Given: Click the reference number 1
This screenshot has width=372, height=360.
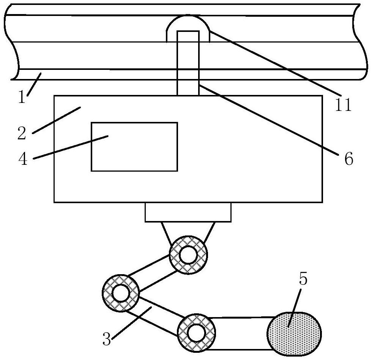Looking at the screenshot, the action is tap(22, 97).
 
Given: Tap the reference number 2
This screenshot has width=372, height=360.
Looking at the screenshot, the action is tap(22, 133).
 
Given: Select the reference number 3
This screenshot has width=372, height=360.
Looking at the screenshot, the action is tap(107, 339).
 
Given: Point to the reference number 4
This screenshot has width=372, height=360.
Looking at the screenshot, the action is tap(23, 159).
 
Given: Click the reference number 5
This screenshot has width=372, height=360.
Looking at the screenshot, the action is tap(303, 278).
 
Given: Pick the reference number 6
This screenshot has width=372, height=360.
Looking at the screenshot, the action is tap(349, 159).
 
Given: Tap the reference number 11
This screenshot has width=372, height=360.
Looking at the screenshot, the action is tap(343, 105).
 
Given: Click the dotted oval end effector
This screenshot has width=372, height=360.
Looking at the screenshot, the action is tap(294, 334).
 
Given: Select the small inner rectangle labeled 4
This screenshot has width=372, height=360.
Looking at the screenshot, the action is tap(134, 147).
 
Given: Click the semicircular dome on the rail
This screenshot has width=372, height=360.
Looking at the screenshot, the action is tap(188, 28).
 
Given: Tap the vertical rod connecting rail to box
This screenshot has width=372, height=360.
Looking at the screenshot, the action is tap(188, 63).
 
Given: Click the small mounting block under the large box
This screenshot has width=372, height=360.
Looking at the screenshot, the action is tap(188, 212).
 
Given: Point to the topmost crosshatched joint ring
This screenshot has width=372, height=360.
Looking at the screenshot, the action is tap(188, 255).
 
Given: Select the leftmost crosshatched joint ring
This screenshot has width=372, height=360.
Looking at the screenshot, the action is tap(121, 293).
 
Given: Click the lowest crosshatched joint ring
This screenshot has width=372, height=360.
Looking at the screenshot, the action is tap(197, 333).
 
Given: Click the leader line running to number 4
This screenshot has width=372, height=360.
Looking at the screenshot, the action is tap(71, 147).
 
